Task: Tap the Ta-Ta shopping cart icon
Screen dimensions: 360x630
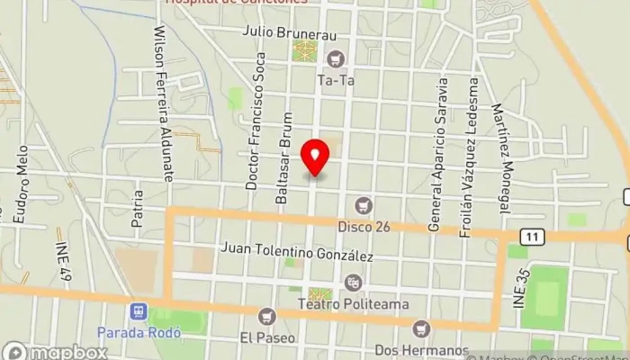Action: (x=337, y=59)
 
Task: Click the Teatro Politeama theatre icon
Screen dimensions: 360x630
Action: (x=353, y=282)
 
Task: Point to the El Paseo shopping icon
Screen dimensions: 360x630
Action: (x=266, y=316)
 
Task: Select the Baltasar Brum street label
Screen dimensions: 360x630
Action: (x=283, y=157)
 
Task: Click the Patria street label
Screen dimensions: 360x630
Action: (x=137, y=206)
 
